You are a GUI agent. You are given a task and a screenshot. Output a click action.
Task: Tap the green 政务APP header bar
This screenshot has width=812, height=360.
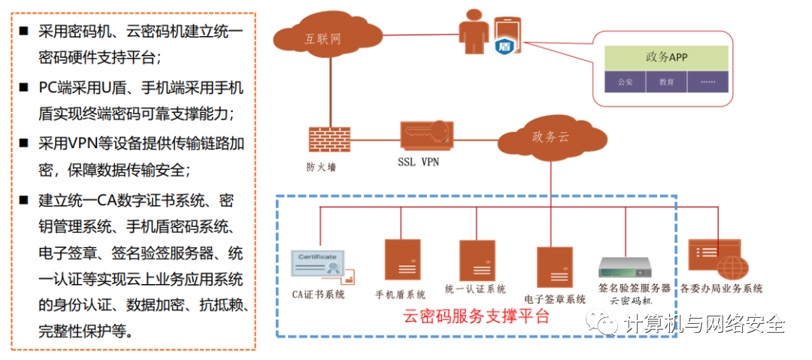click(x=666, y=57)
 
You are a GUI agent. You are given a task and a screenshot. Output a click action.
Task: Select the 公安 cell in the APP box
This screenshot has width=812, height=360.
click(x=625, y=81)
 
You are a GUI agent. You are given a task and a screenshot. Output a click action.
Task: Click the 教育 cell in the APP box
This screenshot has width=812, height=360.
click(x=666, y=81)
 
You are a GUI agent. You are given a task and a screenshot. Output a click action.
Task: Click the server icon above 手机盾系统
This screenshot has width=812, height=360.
click(x=401, y=260)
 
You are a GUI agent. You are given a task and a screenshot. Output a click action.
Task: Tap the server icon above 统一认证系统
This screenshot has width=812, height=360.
click(x=476, y=260)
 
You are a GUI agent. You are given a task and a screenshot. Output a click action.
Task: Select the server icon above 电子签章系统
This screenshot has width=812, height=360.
click(x=555, y=266)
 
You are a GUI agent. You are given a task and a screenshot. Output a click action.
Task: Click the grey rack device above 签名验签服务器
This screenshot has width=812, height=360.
click(x=623, y=268)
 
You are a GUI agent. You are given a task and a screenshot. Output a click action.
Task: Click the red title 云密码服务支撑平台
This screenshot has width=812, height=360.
click(x=477, y=316)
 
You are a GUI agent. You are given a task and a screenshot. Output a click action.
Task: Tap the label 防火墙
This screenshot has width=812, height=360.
click(x=321, y=166)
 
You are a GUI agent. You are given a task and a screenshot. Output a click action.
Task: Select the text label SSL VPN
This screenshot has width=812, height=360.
click(x=418, y=162)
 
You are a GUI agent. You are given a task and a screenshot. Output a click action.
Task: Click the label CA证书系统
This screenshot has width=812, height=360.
click(x=318, y=294)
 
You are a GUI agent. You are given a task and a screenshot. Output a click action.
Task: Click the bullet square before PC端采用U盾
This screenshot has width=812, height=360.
click(x=24, y=87)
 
